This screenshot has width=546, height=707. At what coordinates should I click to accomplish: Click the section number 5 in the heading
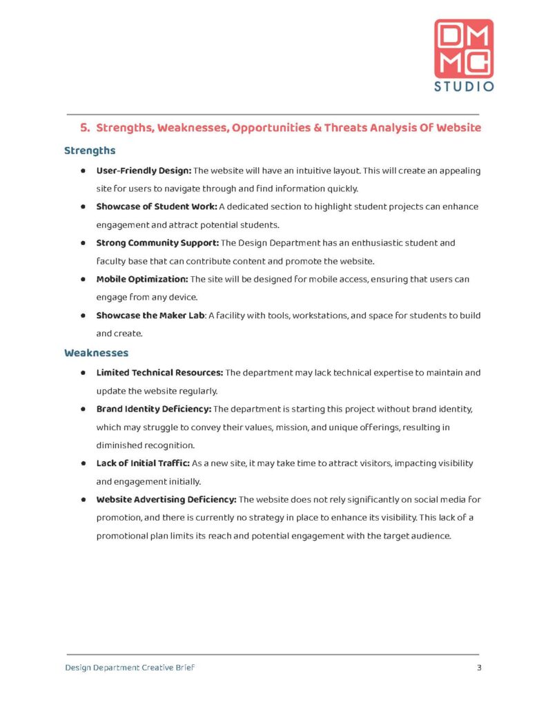click(84, 128)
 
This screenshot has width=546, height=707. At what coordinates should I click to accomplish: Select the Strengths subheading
click(90, 150)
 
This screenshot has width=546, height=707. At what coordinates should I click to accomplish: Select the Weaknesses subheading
click(96, 353)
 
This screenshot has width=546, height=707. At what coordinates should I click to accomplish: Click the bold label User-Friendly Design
click(144, 170)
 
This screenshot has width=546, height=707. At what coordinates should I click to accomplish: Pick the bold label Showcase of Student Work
click(157, 206)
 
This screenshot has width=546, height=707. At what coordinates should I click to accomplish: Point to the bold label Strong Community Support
click(157, 243)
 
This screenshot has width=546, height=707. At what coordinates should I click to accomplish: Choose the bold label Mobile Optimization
click(142, 279)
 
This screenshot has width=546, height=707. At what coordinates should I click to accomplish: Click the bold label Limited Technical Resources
click(159, 373)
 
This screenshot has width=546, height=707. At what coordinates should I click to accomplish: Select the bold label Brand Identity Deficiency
click(153, 409)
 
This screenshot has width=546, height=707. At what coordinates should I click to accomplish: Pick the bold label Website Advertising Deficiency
click(166, 499)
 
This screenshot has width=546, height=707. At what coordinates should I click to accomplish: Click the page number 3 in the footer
click(478, 668)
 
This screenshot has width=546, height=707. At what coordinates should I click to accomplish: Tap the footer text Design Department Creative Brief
click(135, 668)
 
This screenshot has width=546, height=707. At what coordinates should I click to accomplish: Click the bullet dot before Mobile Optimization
click(82, 279)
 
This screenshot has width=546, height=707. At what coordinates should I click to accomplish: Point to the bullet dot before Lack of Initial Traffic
click(82, 463)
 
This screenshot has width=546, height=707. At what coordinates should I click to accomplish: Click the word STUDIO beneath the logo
click(463, 87)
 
